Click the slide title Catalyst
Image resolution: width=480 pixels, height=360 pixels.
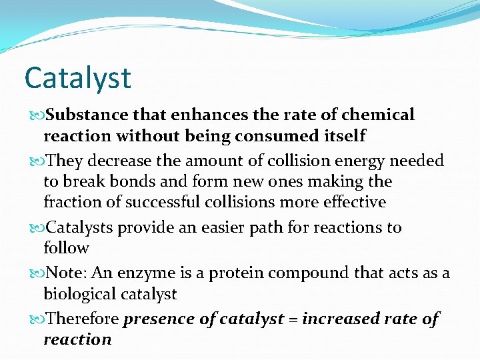pyautogui.click(x=77, y=78)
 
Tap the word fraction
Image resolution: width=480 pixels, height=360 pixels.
pyautogui.click(x=70, y=202)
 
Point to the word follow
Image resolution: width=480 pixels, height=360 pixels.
pyautogui.click(x=66, y=249)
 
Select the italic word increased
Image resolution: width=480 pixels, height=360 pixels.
pyautogui.click(x=341, y=319)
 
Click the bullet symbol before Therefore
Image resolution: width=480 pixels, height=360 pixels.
pyautogui.click(x=36, y=319)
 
